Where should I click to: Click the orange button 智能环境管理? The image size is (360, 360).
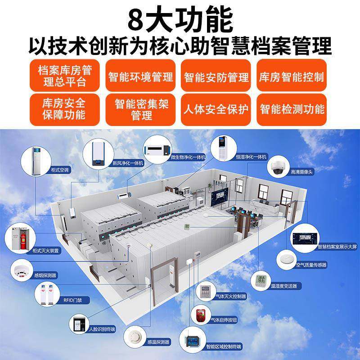click(140, 77)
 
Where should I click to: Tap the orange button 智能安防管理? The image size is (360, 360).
click(216, 77)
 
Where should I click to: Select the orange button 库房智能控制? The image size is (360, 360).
click(292, 77)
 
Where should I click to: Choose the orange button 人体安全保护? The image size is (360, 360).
click(216, 110)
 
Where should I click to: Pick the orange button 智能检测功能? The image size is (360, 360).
click(292, 110)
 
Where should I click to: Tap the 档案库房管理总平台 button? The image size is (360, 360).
click(65, 77)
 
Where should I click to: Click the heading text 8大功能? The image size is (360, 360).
click(180, 19)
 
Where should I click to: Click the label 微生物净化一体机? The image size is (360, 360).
click(188, 157)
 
